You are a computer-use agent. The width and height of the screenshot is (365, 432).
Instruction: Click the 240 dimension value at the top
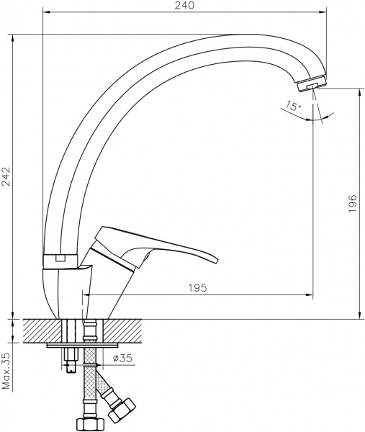185,6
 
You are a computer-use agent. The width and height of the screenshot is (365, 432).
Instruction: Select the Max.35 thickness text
6,371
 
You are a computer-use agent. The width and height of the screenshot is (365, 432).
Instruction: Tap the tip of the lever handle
217,259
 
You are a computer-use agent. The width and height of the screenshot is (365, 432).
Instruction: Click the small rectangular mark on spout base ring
60,257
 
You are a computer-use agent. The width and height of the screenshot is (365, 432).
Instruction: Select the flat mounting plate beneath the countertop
79,346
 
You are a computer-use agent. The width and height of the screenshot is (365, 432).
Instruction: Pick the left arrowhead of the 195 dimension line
86,294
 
